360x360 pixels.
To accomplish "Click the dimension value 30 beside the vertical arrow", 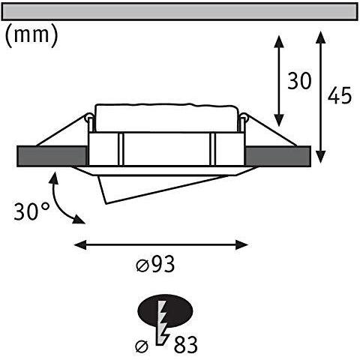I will point(299,81).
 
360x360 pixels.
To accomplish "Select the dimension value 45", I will point(340,97).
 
